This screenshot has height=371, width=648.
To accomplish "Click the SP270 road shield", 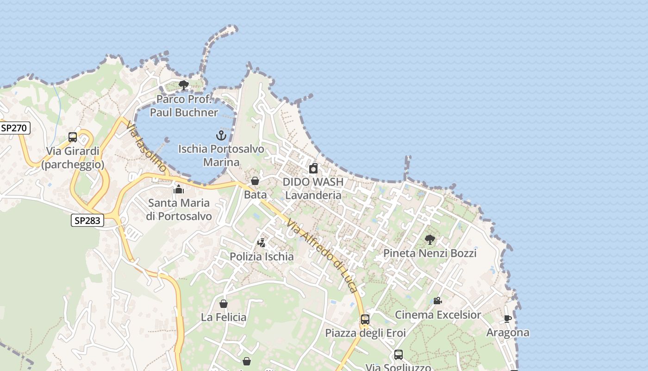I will (15, 128).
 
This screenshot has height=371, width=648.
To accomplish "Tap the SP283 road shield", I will (87, 220).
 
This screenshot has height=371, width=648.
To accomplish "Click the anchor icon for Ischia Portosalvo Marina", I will (221, 135).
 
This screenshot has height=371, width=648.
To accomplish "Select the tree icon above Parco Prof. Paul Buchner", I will (184, 85).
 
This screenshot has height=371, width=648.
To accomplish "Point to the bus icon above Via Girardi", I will (73, 137).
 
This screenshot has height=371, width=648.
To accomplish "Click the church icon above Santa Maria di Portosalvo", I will (179, 189).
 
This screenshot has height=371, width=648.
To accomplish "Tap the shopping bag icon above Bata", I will (255, 181).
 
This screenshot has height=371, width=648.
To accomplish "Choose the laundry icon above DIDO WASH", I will (313, 168).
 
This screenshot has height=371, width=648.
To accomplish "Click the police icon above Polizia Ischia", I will (262, 243).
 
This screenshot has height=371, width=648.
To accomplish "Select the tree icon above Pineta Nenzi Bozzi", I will (430, 240).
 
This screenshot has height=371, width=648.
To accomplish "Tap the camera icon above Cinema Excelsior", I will (437, 301).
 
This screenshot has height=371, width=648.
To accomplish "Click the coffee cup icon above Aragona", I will (508, 319).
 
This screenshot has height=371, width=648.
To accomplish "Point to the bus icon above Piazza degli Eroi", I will (365, 319).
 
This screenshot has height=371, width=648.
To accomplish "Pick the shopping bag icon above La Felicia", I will (224, 304).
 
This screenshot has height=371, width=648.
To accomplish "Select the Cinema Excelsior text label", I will (437, 315).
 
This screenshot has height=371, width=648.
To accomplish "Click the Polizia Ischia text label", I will (262, 256).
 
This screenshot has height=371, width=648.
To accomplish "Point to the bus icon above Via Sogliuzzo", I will (399, 355).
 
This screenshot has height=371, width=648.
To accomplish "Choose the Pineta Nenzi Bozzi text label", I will (430, 253).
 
